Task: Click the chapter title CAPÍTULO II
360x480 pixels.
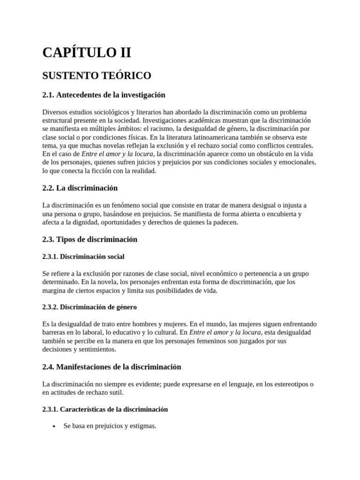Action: click(87, 52)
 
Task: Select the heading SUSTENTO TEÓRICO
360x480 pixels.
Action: click(97, 75)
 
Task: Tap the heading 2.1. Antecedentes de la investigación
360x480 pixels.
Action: click(104, 95)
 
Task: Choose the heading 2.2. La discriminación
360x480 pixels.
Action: click(80, 188)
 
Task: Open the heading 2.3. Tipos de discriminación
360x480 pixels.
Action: click(90, 240)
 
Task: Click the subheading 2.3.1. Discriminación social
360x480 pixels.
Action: click(83, 257)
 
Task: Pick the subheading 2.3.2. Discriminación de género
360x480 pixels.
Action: click(89, 307)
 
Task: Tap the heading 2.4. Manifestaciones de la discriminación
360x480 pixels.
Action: click(112, 367)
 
